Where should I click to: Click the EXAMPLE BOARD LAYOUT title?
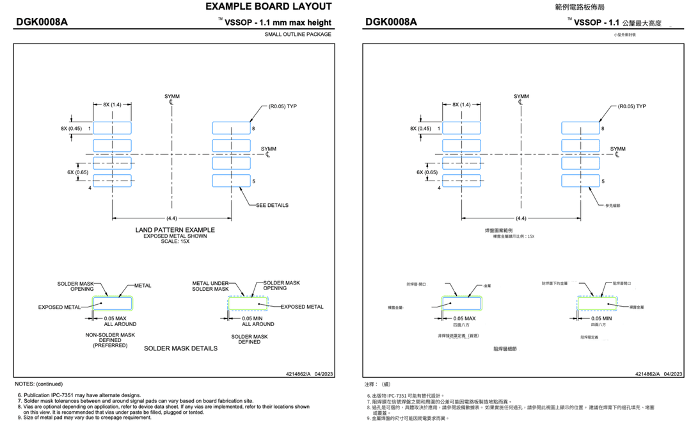point(268,7)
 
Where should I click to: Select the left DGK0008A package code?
point(42,22)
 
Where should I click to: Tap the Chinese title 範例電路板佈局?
point(580,7)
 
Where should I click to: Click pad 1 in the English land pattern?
point(112,128)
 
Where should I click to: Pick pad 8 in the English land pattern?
point(231,128)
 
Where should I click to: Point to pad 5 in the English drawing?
point(231,181)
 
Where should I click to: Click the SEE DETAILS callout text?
point(272,206)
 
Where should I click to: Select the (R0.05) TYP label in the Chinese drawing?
point(628,106)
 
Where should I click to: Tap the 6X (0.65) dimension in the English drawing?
point(78,172)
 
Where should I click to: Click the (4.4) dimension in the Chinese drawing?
point(521,218)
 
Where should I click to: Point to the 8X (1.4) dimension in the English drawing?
point(112,104)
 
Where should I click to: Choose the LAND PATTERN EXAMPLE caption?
point(175,230)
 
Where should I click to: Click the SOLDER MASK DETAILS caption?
point(180,348)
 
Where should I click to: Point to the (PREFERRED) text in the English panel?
point(110,345)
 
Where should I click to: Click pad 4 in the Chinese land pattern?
point(461,181)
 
